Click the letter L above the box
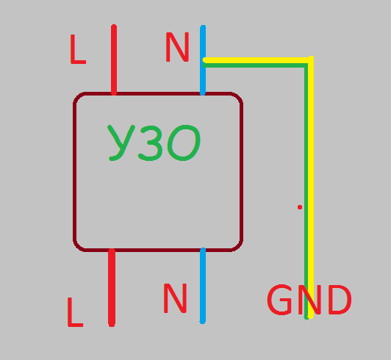(x=78, y=49)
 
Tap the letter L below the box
(x=75, y=312)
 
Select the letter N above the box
(x=177, y=47)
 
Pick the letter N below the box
(x=175, y=298)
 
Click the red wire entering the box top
(x=114, y=60)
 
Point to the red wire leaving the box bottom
(x=112, y=287)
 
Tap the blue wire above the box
(x=203, y=60)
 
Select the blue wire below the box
(x=203, y=286)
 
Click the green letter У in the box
(x=121, y=143)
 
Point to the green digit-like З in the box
(x=151, y=143)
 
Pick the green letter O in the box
(x=184, y=143)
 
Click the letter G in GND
(x=279, y=300)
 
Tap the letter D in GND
(x=340, y=300)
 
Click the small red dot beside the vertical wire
(x=300, y=207)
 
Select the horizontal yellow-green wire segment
(x=257, y=62)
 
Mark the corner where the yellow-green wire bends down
(x=309, y=62)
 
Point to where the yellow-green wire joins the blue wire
(x=204, y=62)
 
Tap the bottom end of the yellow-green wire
(x=309, y=318)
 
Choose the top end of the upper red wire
(x=114, y=25)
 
